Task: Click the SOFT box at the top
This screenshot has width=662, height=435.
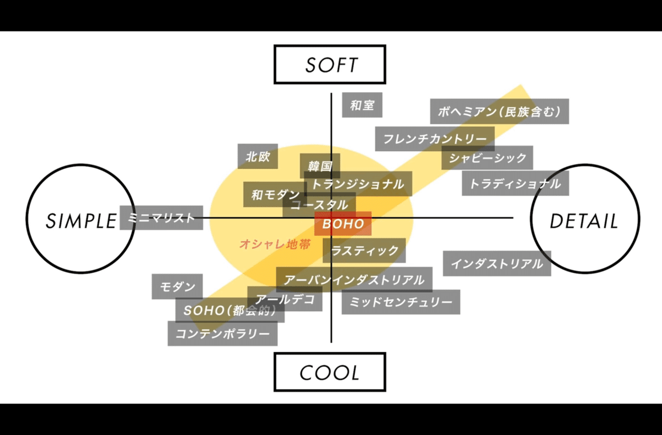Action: tap(330, 65)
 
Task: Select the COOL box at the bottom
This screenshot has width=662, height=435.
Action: tap(330, 372)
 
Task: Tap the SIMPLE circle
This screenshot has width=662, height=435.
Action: tap(81, 221)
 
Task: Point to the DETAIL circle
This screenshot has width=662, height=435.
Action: tap(585, 221)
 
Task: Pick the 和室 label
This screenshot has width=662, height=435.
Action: tap(362, 105)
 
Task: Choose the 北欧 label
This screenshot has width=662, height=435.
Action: tap(258, 157)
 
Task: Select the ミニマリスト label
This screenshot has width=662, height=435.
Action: tap(161, 218)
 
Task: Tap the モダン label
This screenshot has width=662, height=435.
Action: tap(178, 287)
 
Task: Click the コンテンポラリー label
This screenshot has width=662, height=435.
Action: tap(222, 334)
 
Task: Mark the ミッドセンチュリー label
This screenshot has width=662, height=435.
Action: tap(401, 302)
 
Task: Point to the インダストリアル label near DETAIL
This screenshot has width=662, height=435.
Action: tap(496, 264)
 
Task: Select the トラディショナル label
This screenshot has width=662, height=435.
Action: tap(515, 183)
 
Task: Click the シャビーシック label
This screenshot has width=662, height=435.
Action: tap(488, 158)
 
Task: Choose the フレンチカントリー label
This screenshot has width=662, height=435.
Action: tap(435, 139)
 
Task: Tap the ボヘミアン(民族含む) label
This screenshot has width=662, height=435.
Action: tap(499, 112)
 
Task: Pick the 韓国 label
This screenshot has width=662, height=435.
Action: tap(320, 165)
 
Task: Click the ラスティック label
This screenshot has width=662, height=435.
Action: tap(364, 251)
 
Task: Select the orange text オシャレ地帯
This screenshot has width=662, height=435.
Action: tap(275, 244)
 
